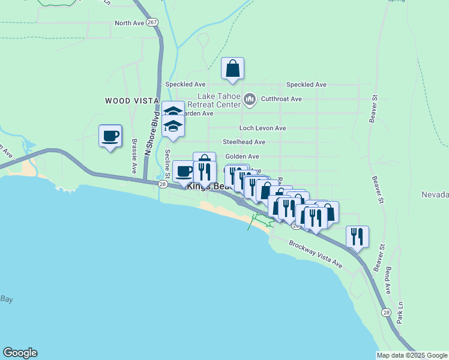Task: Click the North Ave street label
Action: pos(130,23)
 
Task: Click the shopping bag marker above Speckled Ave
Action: pos(232,68)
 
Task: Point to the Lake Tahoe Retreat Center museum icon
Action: pos(250,98)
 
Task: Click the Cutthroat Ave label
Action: pos(282,98)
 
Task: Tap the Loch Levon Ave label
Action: pos(262,128)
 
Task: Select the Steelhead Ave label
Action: pos(244,142)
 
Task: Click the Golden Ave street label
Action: pos(242,156)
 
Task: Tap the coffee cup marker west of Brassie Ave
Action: pos(110,136)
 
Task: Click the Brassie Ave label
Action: pos(134,157)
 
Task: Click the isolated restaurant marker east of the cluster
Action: pos(357,237)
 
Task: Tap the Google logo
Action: pos(20,353)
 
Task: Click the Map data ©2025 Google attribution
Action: pos(412,355)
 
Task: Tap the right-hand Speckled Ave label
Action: pos(306,85)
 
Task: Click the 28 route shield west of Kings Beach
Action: pos(163,185)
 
